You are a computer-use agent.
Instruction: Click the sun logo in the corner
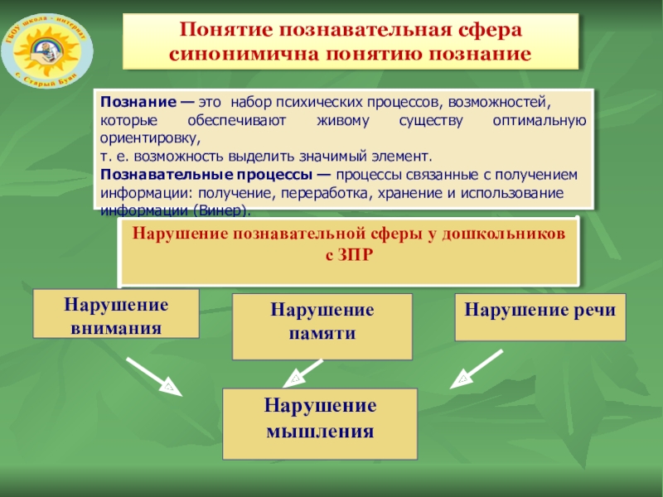point(41,45)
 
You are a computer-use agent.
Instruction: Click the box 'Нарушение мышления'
point(321,420)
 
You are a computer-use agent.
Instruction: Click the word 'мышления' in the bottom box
point(320,432)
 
